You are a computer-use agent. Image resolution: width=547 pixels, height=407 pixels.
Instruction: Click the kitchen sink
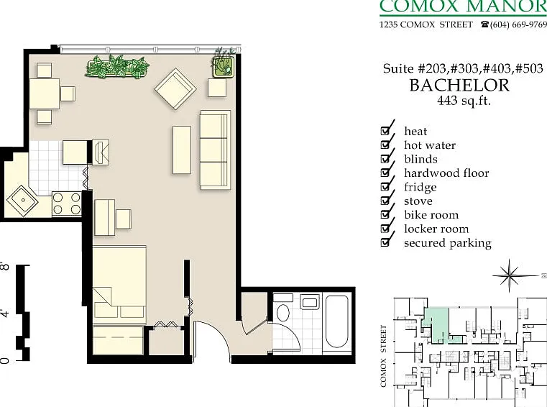pyautogui.click(x=23, y=201)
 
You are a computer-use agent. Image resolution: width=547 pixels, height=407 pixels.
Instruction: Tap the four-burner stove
pyautogui.click(x=66, y=203)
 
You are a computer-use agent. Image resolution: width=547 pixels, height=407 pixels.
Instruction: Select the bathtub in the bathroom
pyautogui.click(x=336, y=321)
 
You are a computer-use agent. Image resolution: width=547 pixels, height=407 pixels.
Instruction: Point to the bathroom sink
pyautogui.click(x=309, y=302)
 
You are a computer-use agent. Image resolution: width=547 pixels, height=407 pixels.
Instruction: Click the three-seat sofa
pyautogui.click(x=215, y=150)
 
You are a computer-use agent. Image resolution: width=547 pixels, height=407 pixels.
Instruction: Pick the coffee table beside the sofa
pyautogui.click(x=182, y=150)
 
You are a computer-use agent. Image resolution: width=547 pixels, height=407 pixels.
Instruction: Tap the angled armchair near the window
pyautogui.click(x=175, y=88)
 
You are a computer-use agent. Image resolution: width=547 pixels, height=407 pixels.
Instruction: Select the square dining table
pyautogui.click(x=45, y=94)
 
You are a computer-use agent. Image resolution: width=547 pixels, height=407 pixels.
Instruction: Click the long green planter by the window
pyautogui.click(x=118, y=66)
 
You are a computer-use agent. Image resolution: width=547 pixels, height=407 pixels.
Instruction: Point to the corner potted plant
pyautogui.click(x=223, y=64)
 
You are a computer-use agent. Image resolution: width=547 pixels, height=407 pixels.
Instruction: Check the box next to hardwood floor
pyautogui.click(x=385, y=173)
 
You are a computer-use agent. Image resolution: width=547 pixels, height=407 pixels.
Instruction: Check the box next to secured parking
pyautogui.click(x=385, y=242)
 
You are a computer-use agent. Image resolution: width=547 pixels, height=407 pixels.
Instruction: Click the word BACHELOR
pyautogui.click(x=459, y=86)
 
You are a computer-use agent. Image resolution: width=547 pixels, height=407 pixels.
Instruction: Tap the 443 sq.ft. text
pyautogui.click(x=464, y=101)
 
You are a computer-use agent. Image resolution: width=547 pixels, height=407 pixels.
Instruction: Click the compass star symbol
pyautogui.click(x=510, y=275)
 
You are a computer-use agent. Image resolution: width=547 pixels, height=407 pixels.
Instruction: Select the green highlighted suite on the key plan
pyautogui.click(x=436, y=324)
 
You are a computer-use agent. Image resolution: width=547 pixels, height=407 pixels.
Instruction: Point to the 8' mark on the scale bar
pyautogui.click(x=5, y=266)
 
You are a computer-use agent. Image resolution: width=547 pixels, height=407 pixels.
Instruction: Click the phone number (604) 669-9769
pyautogui.click(x=518, y=24)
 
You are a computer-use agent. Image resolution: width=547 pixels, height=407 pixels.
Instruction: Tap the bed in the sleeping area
pyautogui.click(x=119, y=285)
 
